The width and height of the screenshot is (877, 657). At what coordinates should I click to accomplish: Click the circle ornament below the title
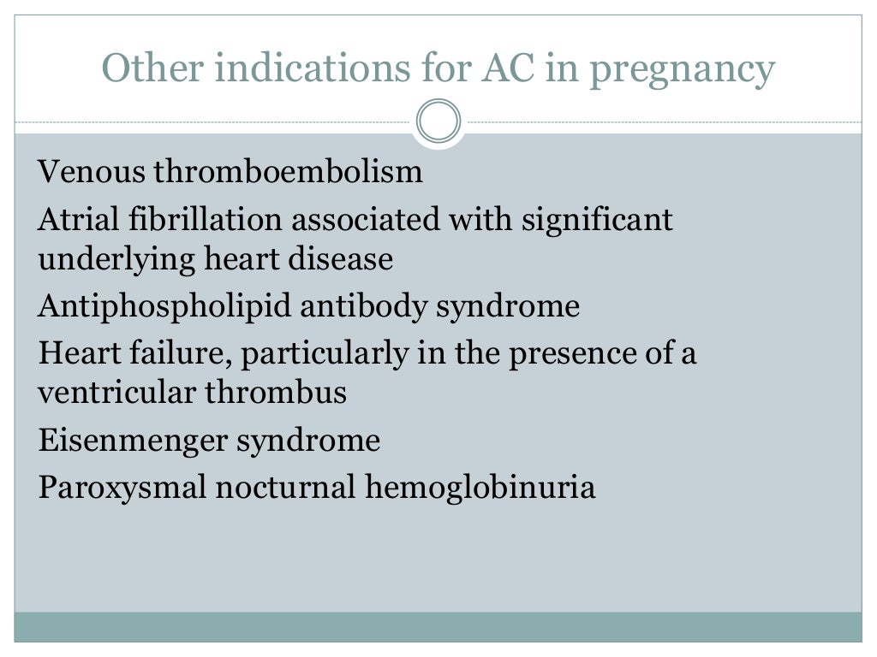438,121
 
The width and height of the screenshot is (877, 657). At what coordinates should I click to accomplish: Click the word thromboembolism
288,172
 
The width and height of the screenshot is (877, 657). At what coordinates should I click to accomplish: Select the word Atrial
78,220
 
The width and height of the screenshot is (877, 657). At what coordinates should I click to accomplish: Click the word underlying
116,260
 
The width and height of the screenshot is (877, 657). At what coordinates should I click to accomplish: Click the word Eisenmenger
133,441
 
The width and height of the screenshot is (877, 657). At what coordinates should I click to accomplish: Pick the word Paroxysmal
122,488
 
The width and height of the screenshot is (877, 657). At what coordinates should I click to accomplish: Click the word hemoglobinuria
480,488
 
